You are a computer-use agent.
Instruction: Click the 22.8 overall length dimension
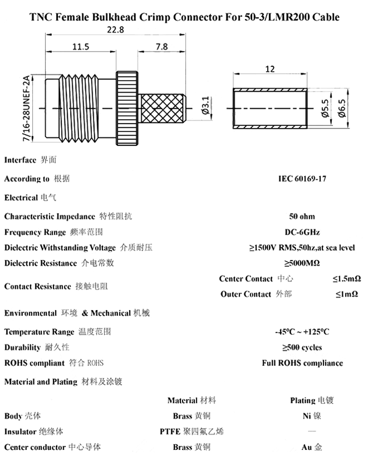115,31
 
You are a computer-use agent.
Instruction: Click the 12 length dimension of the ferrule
270,69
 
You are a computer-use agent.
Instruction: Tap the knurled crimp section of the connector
162,109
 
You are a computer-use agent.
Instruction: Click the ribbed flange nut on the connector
127,109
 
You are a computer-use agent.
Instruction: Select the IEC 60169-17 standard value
302,179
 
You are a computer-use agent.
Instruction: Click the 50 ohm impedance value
302,216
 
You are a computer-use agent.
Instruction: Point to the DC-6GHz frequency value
302,232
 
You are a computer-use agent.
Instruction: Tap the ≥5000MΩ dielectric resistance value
302,263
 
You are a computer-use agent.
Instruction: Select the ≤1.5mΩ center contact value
346,279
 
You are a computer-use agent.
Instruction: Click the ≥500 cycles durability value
302,347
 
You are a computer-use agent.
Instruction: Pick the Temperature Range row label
39,332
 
